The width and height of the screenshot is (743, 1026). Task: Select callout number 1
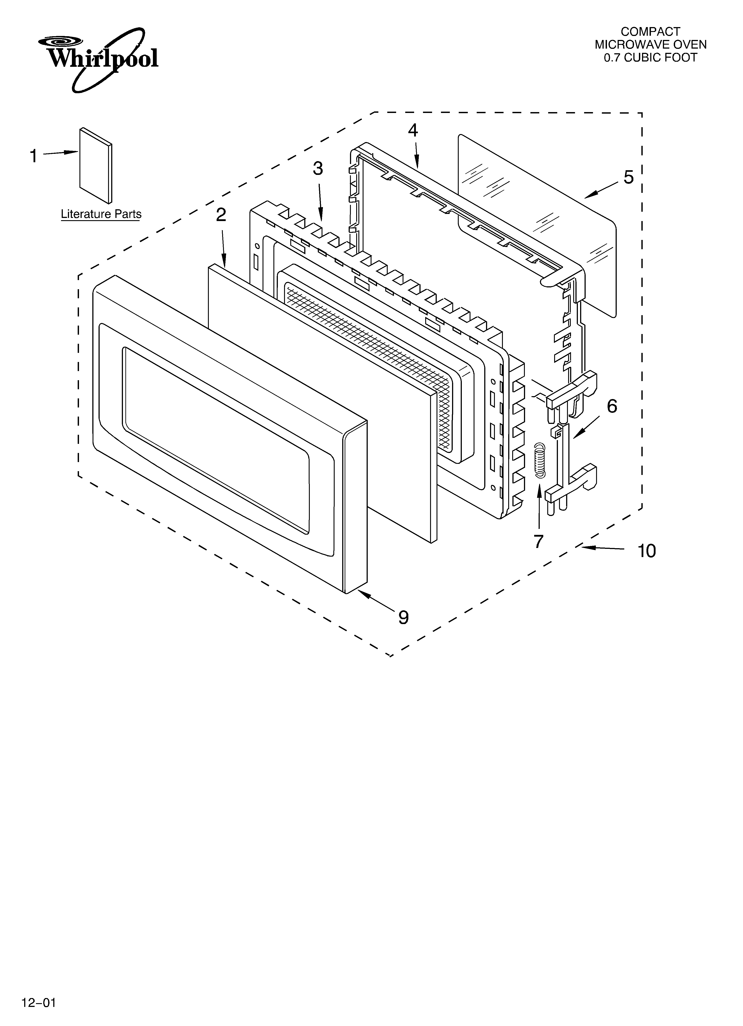pyautogui.click(x=34, y=156)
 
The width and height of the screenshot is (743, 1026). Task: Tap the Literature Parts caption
pyautogui.click(x=101, y=214)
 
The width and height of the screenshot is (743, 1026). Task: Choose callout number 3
pyautogui.click(x=318, y=169)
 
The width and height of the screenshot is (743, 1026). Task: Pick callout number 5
pyautogui.click(x=628, y=177)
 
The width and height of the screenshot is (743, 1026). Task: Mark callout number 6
pyautogui.click(x=612, y=406)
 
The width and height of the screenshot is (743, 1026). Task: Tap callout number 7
pyautogui.click(x=538, y=541)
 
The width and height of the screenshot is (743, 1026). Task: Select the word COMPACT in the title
pyautogui.click(x=650, y=32)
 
